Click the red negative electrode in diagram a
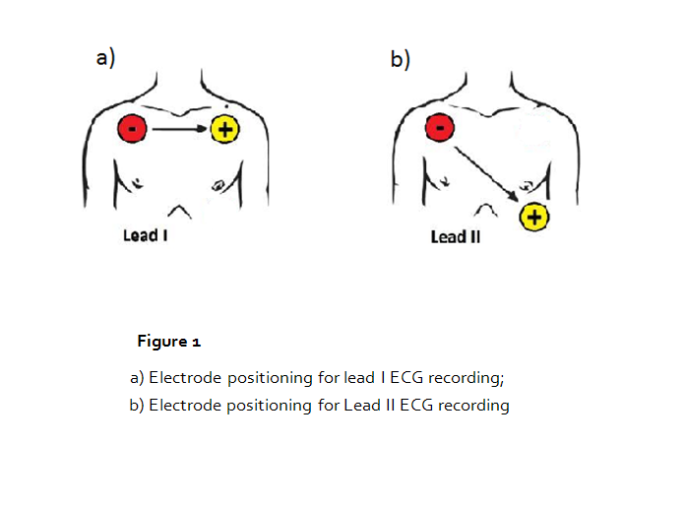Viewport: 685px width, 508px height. [132, 128]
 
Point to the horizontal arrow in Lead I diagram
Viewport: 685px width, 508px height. [178, 128]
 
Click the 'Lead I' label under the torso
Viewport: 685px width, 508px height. [145, 236]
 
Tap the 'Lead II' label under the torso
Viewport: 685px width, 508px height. [455, 237]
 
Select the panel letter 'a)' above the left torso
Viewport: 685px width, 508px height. [104, 58]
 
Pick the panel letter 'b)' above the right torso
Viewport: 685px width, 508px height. [400, 59]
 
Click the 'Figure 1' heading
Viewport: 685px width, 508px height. [169, 342]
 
